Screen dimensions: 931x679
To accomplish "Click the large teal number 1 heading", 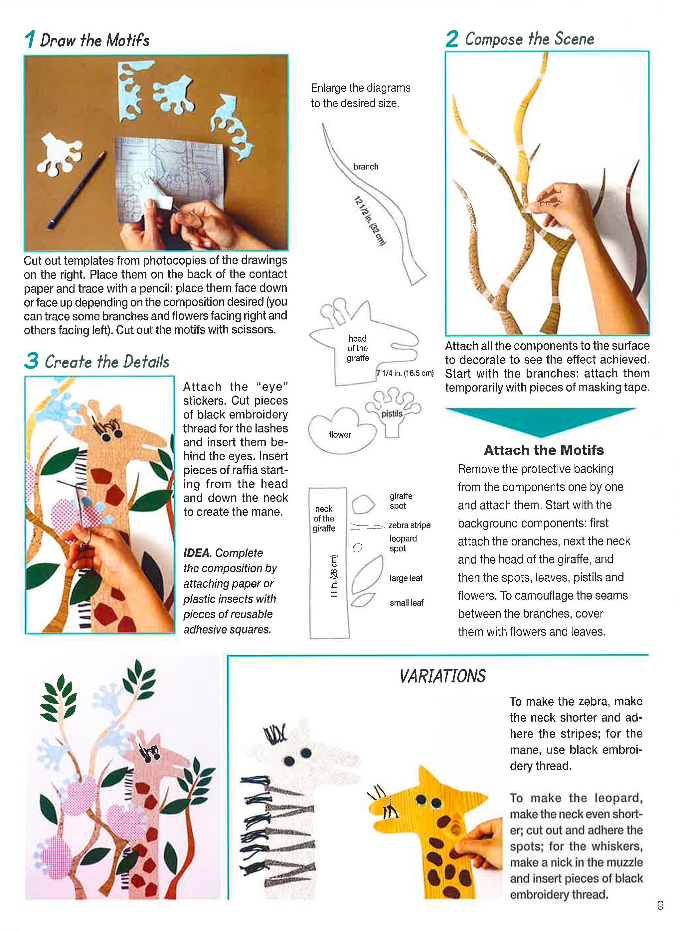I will point(30,40).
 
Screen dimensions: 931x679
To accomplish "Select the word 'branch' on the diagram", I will point(365,166).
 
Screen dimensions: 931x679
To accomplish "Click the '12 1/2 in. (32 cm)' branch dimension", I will point(370,221).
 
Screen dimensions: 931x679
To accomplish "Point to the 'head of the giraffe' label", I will point(357,348).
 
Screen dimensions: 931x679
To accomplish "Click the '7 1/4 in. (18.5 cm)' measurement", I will point(405,373).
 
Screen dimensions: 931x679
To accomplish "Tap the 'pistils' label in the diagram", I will point(391,413).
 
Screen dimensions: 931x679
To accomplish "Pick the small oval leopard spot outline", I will point(358,547).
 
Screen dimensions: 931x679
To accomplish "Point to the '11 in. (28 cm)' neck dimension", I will point(334,576).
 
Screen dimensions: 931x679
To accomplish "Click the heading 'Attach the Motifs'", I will point(543,450).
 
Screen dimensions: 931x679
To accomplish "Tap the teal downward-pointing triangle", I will point(541,420).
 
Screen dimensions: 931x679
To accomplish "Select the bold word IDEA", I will point(197,553).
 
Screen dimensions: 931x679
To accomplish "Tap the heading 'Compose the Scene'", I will point(529,39).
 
